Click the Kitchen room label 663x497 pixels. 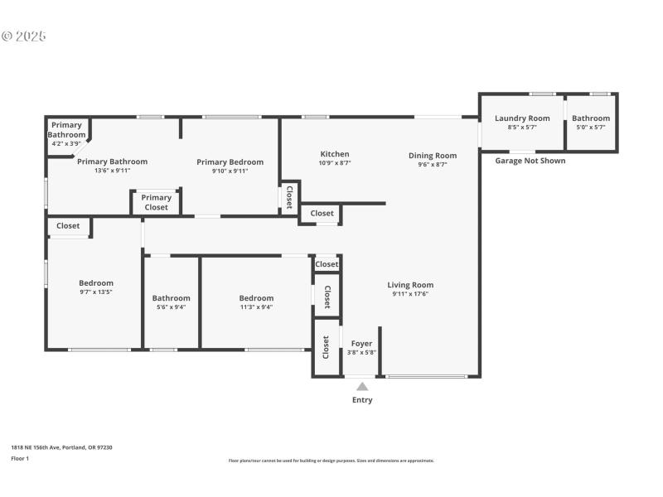pos(335,154)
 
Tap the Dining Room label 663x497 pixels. pos(433,155)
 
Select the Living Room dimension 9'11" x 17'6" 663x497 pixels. pos(410,294)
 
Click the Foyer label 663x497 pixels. pos(361,343)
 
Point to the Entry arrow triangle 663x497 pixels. pos(362,386)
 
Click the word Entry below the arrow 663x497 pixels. pos(362,400)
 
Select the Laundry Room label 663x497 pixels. pos(522,118)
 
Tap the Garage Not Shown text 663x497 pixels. pos(530,161)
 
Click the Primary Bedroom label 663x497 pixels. pos(230,162)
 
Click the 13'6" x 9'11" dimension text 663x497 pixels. pos(112,171)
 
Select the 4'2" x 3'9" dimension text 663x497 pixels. pos(66,143)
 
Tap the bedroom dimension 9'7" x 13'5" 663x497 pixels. pos(95,292)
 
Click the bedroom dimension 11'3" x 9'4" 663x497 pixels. pos(256,307)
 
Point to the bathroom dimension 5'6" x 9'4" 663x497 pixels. pos(171,307)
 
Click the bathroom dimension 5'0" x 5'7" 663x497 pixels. pos(591,128)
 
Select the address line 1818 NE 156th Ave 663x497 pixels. pos(61,447)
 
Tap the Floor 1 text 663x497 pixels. pos(20,458)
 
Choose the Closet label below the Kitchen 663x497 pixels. pos(322,214)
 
